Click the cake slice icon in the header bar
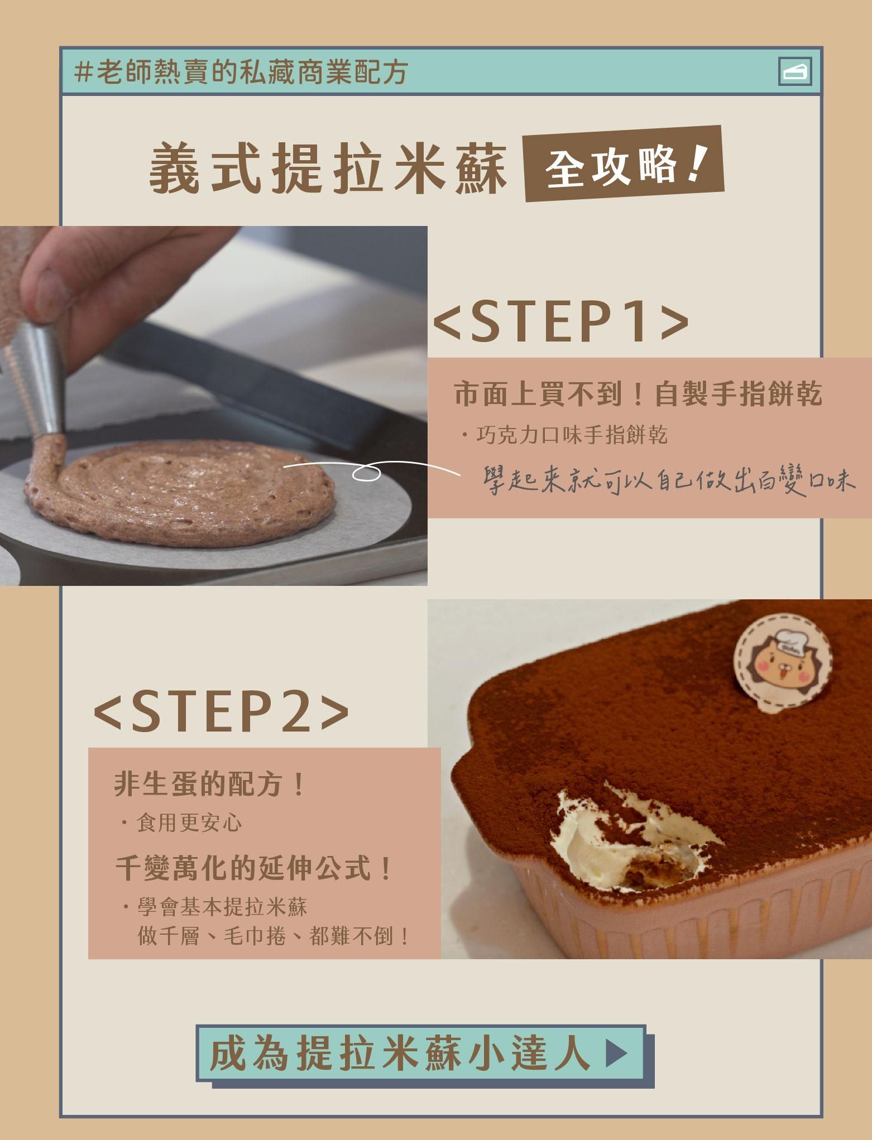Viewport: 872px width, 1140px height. pyautogui.click(x=795, y=71)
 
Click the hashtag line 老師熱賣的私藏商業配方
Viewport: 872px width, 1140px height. pyautogui.click(x=241, y=73)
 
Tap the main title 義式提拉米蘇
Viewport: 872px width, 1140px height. pyautogui.click(x=328, y=169)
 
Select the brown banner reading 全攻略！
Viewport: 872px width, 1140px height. pyautogui.click(x=624, y=165)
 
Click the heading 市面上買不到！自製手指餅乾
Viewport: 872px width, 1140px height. pyautogui.click(x=638, y=394)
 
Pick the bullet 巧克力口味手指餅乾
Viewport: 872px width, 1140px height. pyautogui.click(x=571, y=435)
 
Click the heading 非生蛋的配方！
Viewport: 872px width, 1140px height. pyautogui.click(x=209, y=784)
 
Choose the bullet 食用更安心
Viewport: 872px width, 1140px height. pyautogui.click(x=189, y=822)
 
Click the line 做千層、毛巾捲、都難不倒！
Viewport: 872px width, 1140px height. pyautogui.click(x=274, y=936)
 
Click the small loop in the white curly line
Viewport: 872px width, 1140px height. pyautogui.click(x=366, y=474)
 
